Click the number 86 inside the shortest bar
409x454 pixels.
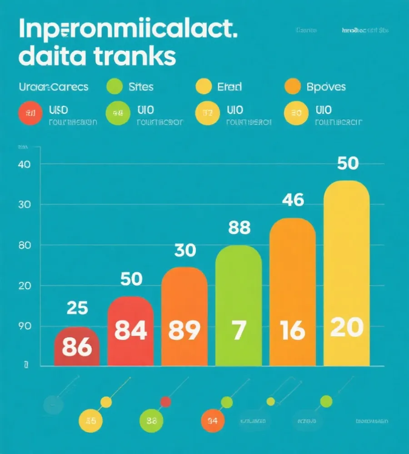pyautogui.click(x=76, y=347)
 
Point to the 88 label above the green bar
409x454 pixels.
pyautogui.click(x=239, y=228)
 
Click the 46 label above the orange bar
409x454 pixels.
pyautogui.click(x=293, y=200)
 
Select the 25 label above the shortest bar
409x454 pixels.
pyautogui.click(x=77, y=308)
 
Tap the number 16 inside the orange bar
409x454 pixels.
pyautogui.click(x=292, y=331)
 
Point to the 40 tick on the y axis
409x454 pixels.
pyautogui.click(x=24, y=164)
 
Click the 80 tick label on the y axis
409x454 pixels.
pyautogui.click(x=24, y=245)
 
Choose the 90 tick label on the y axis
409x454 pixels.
pyautogui.click(x=24, y=326)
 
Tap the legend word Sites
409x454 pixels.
pyautogui.click(x=141, y=86)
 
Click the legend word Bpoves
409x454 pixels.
pyautogui.click(x=326, y=86)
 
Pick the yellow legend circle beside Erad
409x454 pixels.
pyautogui.click(x=203, y=86)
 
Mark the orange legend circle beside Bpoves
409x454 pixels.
pyautogui.click(x=292, y=86)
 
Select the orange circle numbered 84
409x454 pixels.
pyautogui.click(x=213, y=420)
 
